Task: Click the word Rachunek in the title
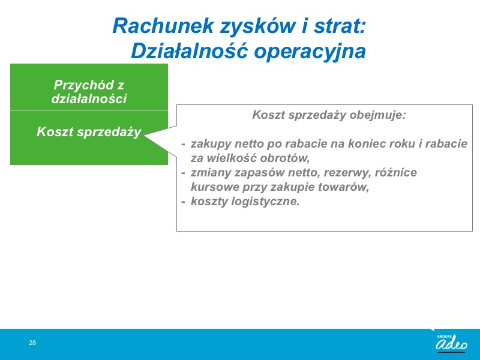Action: click(163, 26)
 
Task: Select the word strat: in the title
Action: click(340, 26)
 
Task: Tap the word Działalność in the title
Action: click(189, 51)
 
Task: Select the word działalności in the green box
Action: click(89, 98)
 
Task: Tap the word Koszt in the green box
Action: click(55, 131)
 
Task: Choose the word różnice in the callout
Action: click(396, 172)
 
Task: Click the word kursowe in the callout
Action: click(214, 187)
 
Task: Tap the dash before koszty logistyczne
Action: click(183, 202)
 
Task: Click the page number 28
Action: click(32, 343)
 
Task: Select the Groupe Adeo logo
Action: click(451, 342)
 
